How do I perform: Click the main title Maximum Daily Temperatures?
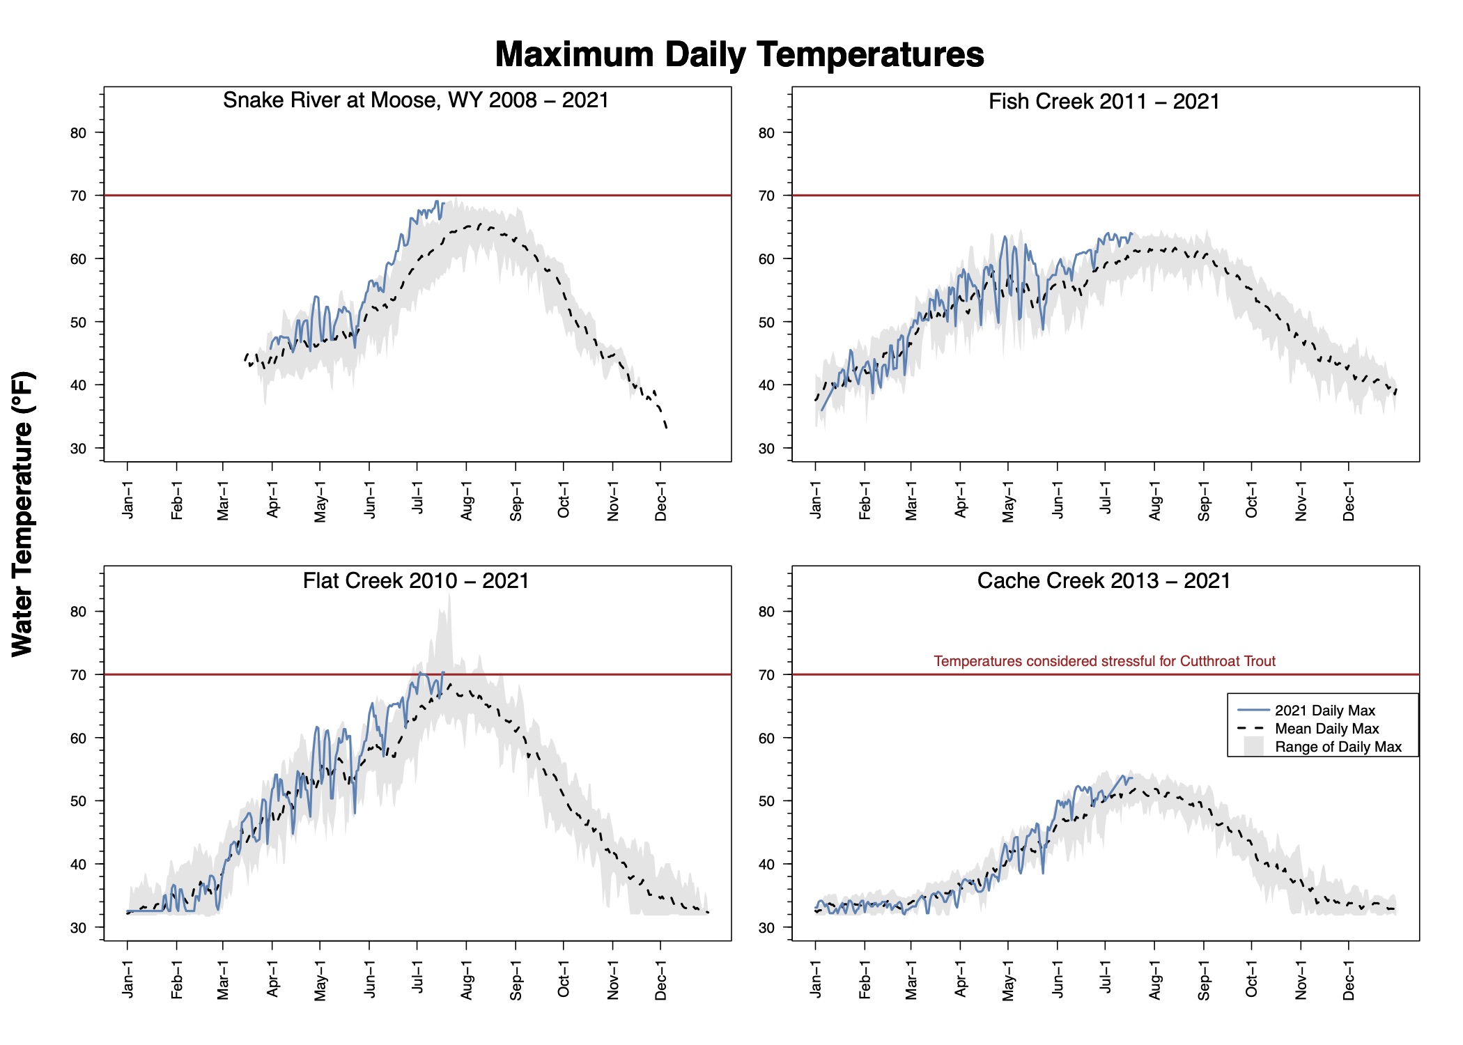pyautogui.click(x=739, y=54)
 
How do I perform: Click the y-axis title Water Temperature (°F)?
pyautogui.click(x=23, y=513)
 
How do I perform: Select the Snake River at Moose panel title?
pyautogui.click(x=416, y=100)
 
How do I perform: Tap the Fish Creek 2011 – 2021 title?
pyautogui.click(x=1104, y=102)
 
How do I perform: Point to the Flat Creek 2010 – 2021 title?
pyautogui.click(x=416, y=580)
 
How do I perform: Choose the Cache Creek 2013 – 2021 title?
pyautogui.click(x=1104, y=580)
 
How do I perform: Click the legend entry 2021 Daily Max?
pyautogui.click(x=1324, y=711)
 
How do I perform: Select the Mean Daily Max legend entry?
pyautogui.click(x=1326, y=729)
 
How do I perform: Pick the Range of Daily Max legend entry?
pyautogui.click(x=1338, y=747)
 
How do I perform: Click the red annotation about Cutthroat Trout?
pyautogui.click(x=1104, y=661)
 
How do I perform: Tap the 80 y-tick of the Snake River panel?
pyautogui.click(x=78, y=133)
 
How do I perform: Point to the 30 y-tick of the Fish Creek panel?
pyautogui.click(x=766, y=449)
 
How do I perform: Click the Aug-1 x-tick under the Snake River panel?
pyautogui.click(x=467, y=500)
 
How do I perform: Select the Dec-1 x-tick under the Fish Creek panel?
pyautogui.click(x=1349, y=500)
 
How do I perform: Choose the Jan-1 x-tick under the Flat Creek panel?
pyautogui.click(x=127, y=979)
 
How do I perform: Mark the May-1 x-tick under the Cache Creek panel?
pyautogui.click(x=1008, y=979)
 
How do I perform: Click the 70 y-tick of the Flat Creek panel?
pyautogui.click(x=78, y=675)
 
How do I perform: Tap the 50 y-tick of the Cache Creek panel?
pyautogui.click(x=766, y=801)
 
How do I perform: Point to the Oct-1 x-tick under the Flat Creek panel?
pyautogui.click(x=564, y=979)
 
